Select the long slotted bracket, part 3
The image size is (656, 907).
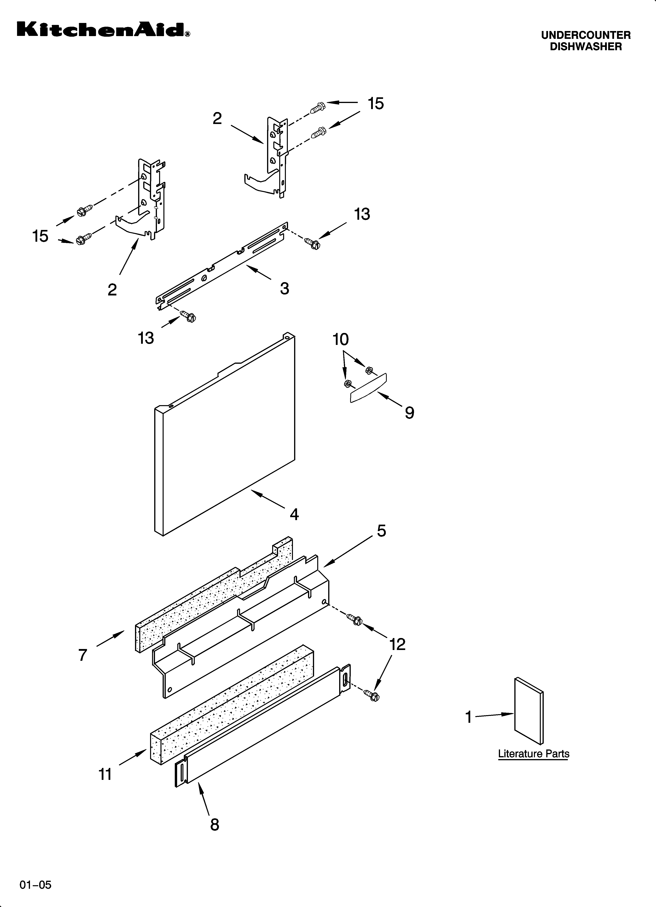pos(222,266)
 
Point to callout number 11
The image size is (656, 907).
pos(105,774)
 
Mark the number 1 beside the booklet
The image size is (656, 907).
pos(469,717)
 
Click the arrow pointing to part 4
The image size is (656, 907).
pos(268,500)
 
